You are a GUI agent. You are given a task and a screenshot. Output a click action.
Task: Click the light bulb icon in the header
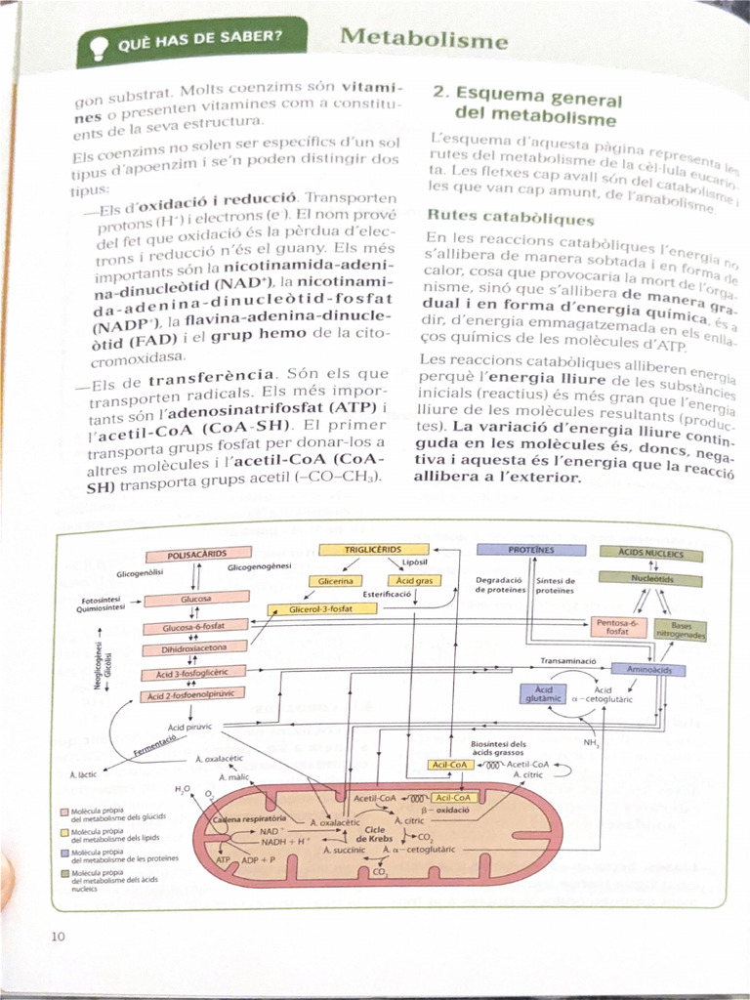(x=98, y=45)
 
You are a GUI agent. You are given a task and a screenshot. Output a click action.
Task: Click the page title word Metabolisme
(x=424, y=40)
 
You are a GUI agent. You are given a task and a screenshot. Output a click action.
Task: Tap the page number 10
(x=57, y=937)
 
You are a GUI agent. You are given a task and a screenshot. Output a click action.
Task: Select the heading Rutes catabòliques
(x=511, y=218)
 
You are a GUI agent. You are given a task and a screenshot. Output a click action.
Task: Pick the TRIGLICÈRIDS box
(x=373, y=550)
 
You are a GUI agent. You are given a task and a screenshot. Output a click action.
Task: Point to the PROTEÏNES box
(x=530, y=550)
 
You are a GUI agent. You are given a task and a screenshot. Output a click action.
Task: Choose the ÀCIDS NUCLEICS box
(x=651, y=554)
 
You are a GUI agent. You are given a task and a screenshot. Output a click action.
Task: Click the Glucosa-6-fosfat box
(x=193, y=628)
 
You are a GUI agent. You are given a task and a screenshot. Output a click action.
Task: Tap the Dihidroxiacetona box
(x=193, y=649)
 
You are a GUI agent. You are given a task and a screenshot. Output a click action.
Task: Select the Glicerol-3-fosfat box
(x=321, y=609)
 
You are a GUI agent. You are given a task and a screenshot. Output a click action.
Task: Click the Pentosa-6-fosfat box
(x=617, y=627)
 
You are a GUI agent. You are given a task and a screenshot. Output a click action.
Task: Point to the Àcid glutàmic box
(x=543, y=693)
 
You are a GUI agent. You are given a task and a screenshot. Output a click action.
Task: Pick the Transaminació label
(x=568, y=661)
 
